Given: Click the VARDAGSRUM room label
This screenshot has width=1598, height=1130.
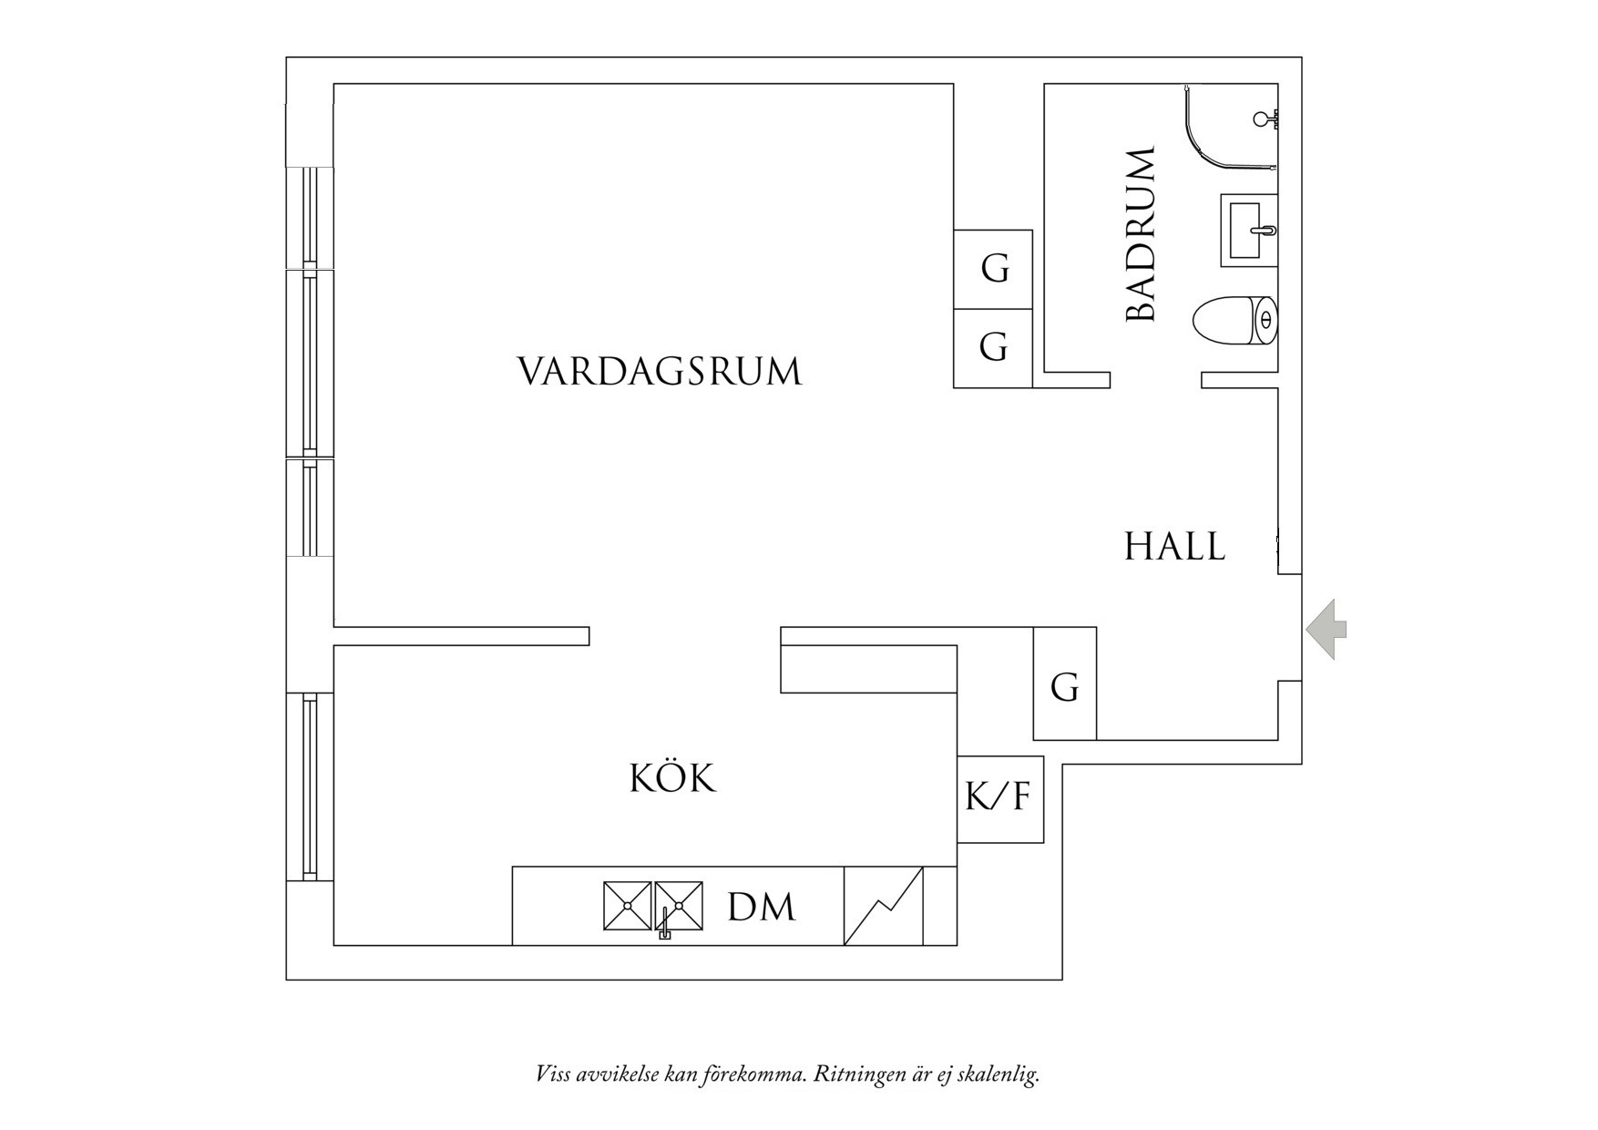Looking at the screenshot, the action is (660, 371).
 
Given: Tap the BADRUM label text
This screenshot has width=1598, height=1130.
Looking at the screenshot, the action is (1141, 234).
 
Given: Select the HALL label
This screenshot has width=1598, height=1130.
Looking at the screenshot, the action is (1174, 547).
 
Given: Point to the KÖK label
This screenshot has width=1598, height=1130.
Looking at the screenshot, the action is (673, 777).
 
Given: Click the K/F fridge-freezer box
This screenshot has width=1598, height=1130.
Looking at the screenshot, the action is (999, 799).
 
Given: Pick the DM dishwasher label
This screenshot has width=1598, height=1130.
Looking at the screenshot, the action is (762, 908).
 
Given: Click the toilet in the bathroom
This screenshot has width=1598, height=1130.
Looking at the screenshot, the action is (1234, 320).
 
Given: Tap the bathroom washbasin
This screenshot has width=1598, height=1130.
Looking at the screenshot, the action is (1249, 230).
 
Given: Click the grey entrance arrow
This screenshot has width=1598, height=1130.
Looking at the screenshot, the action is (1327, 629).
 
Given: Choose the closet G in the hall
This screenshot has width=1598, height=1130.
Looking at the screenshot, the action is (1064, 683).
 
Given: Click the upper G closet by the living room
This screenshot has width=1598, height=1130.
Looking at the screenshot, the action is (993, 270).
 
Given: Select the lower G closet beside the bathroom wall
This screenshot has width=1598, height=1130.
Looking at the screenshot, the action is (993, 348).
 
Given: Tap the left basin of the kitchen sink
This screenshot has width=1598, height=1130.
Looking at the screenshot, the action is (628, 905).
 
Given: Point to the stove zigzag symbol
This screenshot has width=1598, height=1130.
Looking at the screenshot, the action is (884, 906).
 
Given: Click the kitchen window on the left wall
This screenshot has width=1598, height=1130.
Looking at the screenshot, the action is (310, 786).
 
